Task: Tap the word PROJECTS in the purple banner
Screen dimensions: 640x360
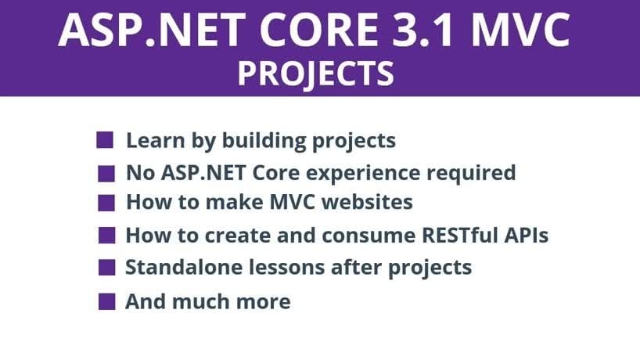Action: click(x=316, y=74)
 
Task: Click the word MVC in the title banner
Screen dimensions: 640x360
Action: click(x=520, y=31)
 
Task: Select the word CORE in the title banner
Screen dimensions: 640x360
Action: click(x=318, y=31)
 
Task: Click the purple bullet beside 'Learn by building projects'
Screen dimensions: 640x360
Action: click(x=105, y=140)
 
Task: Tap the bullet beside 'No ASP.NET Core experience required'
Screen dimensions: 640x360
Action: click(x=106, y=174)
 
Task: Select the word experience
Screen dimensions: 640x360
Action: click(x=363, y=174)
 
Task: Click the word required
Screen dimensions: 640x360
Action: click(x=471, y=173)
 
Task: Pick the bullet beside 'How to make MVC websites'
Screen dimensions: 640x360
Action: click(x=106, y=203)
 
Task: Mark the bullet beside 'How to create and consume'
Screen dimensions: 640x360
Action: click(x=107, y=236)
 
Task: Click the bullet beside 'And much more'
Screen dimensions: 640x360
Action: click(x=107, y=301)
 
